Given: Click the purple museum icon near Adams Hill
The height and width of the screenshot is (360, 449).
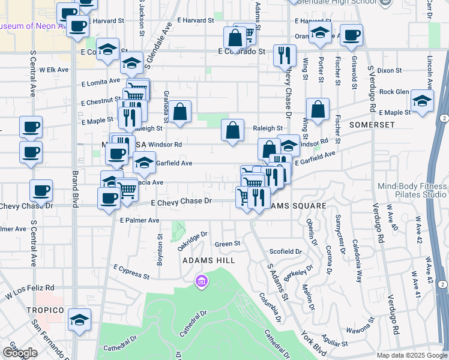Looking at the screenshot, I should click(x=200, y=281).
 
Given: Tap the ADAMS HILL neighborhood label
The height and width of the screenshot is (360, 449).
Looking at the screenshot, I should click(x=205, y=261).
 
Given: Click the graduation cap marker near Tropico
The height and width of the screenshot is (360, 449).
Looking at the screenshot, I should click(x=79, y=320).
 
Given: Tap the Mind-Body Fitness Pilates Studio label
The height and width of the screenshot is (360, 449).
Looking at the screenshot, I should click(x=412, y=190).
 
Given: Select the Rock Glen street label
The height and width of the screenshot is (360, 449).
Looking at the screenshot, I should click(x=394, y=92).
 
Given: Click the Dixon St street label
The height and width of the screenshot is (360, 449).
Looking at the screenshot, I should click(x=390, y=71).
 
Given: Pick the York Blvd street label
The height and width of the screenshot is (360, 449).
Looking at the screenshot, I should click(x=313, y=343).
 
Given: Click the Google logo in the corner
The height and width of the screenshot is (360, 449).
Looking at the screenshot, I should click(x=20, y=353).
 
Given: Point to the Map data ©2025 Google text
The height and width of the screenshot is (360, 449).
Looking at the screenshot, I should click(x=411, y=355).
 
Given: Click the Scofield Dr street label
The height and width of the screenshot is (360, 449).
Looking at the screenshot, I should click(x=285, y=251).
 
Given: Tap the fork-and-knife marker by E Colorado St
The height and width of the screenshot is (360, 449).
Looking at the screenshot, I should click(x=284, y=56).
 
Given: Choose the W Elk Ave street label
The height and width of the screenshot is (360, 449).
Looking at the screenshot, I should click(x=54, y=70).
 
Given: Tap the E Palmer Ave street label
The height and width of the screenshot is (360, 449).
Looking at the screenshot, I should click(x=139, y=220).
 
